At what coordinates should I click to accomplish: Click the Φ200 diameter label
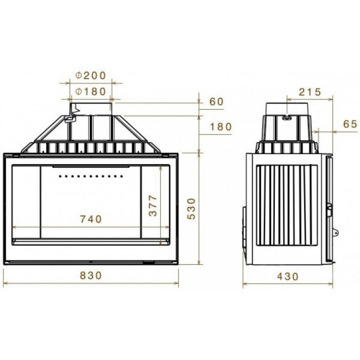click(x=91, y=76)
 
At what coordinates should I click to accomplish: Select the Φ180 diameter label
click(x=91, y=91)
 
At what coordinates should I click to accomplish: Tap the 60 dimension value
click(x=216, y=102)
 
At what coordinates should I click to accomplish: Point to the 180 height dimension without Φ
click(x=221, y=126)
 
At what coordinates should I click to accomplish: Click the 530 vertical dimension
click(x=191, y=209)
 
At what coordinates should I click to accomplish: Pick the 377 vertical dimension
click(x=153, y=206)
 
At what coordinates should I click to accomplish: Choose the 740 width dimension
click(x=91, y=219)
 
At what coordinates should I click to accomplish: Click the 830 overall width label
click(x=91, y=275)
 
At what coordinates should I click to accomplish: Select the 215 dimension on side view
click(x=310, y=92)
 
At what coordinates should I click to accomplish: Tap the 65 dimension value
click(x=351, y=124)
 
